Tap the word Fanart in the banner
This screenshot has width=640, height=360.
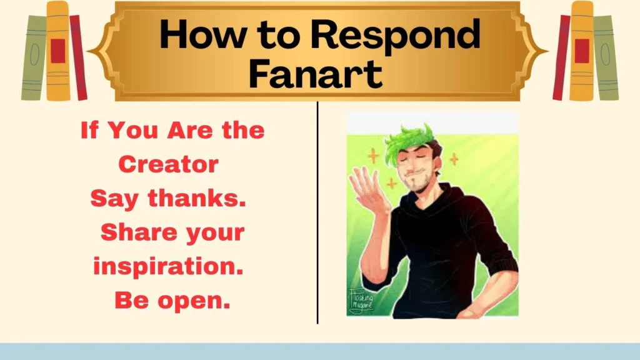pyautogui.click(x=315, y=74)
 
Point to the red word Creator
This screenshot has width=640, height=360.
pyautogui.click(x=168, y=164)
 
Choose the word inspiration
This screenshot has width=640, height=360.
pyautogui.click(x=167, y=267)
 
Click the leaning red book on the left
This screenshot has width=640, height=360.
pyautogui.click(x=79, y=57)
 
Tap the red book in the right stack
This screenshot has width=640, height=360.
pyautogui.click(x=561, y=57)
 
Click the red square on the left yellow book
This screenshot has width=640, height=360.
pyautogui.click(x=58, y=51)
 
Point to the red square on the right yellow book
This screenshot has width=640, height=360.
pyautogui.click(x=582, y=51)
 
